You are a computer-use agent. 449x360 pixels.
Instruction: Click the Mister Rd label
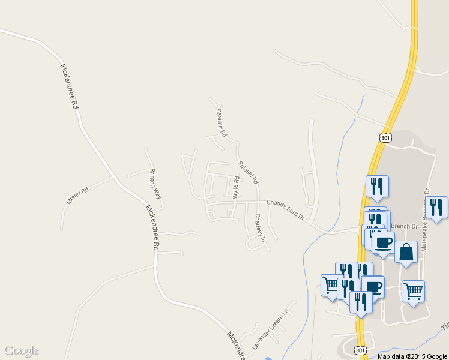pos(77,196)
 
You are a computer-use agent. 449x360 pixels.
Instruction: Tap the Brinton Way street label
pos(155,184)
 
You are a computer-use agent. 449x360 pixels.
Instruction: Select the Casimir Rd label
pos(221,119)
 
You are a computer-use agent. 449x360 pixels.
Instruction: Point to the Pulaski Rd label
pos(248,172)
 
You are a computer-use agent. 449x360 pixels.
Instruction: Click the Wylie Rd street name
pos(236,188)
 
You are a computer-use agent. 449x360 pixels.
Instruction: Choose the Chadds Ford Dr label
pos(286,209)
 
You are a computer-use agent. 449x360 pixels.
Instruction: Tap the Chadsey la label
pos(260,227)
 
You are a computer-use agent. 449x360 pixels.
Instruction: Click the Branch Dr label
pos(404,226)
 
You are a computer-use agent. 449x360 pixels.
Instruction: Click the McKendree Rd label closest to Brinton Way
pos(153,228)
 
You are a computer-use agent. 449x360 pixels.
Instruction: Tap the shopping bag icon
pos(406,252)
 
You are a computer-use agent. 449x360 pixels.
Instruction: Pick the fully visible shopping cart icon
pos(413,292)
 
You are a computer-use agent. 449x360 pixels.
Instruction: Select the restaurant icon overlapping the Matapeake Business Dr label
pos(436,207)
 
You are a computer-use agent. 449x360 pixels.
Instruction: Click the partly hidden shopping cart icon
pos(330,284)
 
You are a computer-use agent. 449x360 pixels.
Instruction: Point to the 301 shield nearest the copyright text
pos(360,350)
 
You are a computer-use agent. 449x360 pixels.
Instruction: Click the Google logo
pos(22,350)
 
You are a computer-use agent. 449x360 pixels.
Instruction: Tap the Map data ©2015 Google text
pos(412,356)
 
